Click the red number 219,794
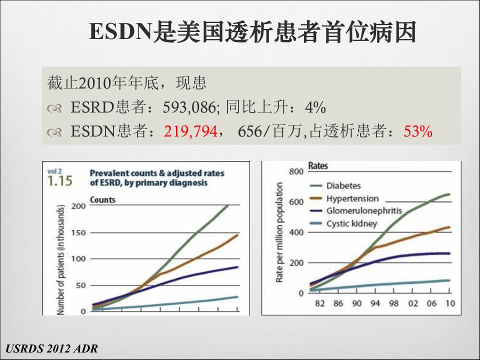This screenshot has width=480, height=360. coord(190,131)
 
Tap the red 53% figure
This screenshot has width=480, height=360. coord(418,131)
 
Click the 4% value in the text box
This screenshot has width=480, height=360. coord(315,107)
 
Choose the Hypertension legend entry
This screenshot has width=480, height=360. coord(344,198)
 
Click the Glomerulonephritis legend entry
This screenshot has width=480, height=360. coord(355,211)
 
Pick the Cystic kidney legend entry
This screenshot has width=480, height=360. coord(343,224)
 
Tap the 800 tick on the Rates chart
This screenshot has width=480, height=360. coord(296,171)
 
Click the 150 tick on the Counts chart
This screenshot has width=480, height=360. coord(78,232)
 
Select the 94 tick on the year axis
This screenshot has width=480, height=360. coord(375,303)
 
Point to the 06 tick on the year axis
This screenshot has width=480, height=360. coord(431,303)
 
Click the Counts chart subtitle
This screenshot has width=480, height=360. coord(102,200)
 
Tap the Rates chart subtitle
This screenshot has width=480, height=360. coord(318,166)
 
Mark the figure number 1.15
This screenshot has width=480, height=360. coord(59,181)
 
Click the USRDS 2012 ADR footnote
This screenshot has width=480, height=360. coord(51,348)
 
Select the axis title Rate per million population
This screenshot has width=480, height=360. coord(279,232)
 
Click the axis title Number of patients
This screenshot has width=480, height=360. coord(61,259)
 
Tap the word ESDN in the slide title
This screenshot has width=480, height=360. coord(121,31)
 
